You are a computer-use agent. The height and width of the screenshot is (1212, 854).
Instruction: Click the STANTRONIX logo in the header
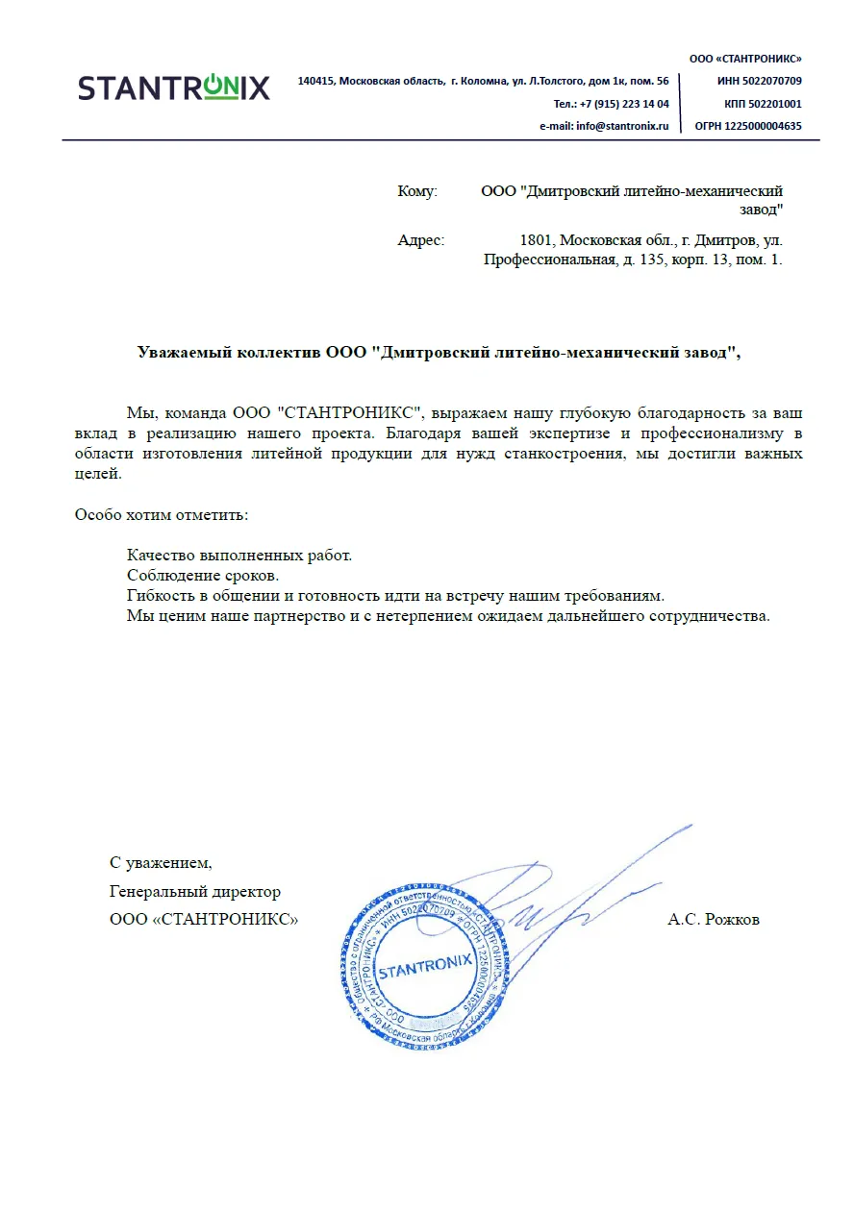click(174, 87)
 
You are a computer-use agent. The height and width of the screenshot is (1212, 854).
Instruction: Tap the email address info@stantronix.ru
click(621, 126)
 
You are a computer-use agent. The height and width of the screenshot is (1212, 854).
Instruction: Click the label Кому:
click(417, 191)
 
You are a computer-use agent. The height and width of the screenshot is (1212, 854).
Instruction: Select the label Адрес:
click(421, 240)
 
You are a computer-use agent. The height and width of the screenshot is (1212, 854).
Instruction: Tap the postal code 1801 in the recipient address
click(534, 240)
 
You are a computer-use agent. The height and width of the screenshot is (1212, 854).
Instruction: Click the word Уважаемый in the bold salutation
click(183, 352)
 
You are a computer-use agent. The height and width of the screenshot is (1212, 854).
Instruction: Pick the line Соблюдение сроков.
click(203, 575)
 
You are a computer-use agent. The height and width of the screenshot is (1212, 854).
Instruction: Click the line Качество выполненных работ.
click(239, 555)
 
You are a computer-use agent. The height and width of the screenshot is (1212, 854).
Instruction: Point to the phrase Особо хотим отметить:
click(162, 514)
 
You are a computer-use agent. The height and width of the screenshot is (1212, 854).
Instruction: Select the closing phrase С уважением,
click(161, 862)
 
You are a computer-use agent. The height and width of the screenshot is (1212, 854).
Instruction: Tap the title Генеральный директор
click(195, 892)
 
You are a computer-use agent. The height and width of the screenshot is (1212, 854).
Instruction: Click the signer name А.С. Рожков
click(714, 920)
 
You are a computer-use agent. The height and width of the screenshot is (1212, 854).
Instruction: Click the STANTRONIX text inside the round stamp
click(424, 967)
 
